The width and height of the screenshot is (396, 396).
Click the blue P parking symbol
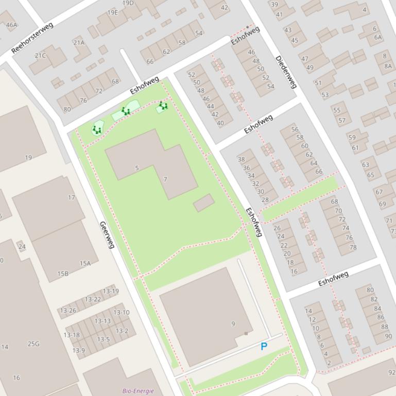point(264,347)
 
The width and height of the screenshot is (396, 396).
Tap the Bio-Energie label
point(138,391)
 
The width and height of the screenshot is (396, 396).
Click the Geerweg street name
point(107,235)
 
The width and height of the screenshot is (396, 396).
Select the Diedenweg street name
point(286,72)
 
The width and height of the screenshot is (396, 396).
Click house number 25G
point(33,344)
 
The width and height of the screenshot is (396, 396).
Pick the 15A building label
point(85,263)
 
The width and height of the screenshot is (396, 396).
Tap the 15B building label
point(63,274)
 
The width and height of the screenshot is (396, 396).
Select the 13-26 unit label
point(68,311)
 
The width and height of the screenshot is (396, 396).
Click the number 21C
point(40,56)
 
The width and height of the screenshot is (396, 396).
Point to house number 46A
point(11,25)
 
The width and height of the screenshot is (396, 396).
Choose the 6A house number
point(378,37)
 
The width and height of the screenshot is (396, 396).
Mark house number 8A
point(387,66)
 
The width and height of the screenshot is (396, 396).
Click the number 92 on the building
point(392,372)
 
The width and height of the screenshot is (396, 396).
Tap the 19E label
point(112,12)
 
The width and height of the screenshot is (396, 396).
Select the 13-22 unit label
point(93,299)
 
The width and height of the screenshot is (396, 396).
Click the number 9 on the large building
point(233,324)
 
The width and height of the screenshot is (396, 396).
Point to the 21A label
point(78,43)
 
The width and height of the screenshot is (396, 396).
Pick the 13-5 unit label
point(104,339)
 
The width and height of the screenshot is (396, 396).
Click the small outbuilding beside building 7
point(204,203)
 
